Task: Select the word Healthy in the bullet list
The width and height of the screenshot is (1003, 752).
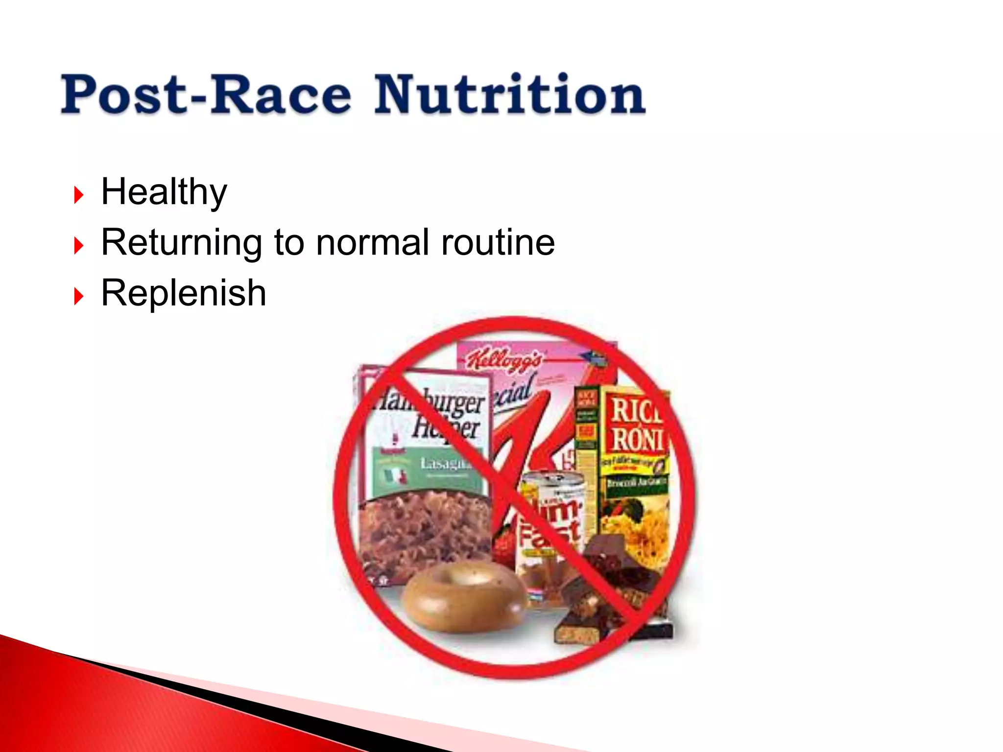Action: point(164,192)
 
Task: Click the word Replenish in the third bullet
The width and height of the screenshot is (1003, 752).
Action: point(184,293)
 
